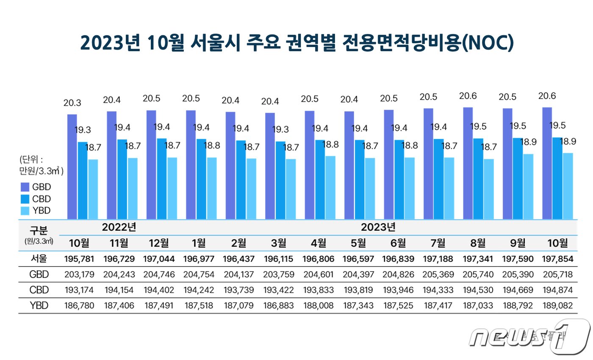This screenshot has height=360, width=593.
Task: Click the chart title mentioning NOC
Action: (x=296, y=43)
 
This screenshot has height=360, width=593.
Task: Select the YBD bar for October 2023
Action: (x=568, y=186)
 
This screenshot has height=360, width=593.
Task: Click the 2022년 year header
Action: (x=119, y=227)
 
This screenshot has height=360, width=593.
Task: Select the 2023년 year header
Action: (x=378, y=227)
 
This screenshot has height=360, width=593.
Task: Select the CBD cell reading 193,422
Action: (x=278, y=290)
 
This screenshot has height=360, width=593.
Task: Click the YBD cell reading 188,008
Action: (x=318, y=305)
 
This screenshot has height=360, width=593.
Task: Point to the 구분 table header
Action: (x=39, y=230)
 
